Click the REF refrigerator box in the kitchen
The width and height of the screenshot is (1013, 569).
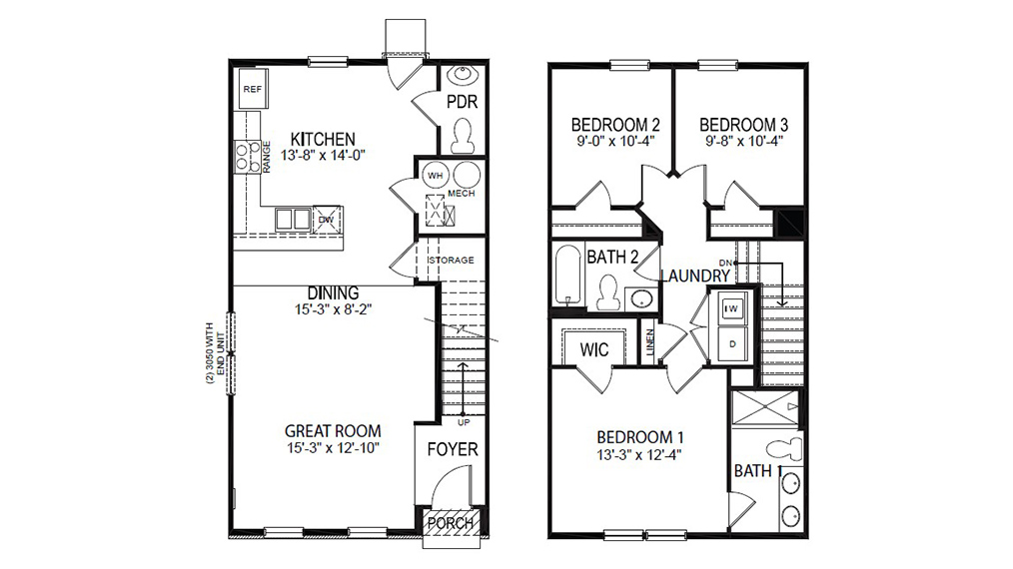pyautogui.click(x=253, y=90)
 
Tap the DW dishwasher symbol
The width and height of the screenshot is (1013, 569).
pyautogui.click(x=326, y=220)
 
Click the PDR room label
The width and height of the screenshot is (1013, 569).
pyautogui.click(x=462, y=102)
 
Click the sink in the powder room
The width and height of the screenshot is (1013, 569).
pyautogui.click(x=463, y=76)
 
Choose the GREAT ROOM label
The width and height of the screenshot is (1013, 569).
pyautogui.click(x=333, y=430)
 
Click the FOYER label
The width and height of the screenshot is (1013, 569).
pyautogui.click(x=453, y=450)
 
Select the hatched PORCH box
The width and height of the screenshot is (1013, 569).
pyautogui.click(x=451, y=523)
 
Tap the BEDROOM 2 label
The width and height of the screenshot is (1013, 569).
pyautogui.click(x=615, y=125)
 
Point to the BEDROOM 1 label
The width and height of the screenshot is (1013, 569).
pyautogui.click(x=640, y=437)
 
